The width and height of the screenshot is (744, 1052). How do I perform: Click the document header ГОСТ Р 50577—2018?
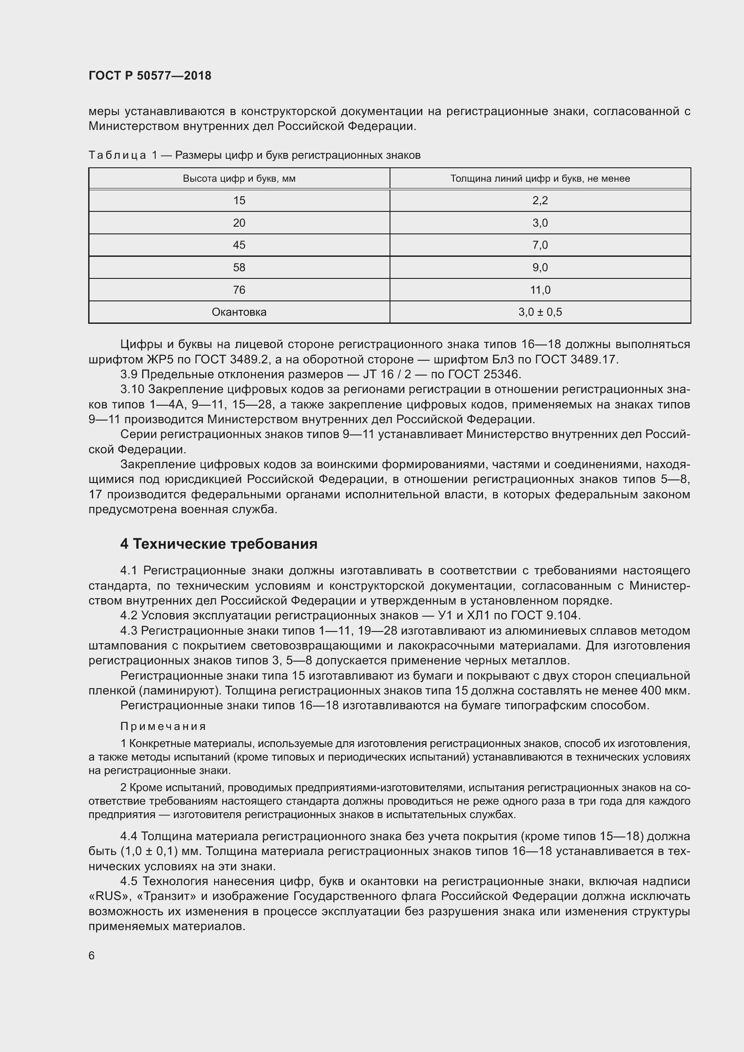tap(150, 76)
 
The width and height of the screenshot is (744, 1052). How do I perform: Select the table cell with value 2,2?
tap(540, 201)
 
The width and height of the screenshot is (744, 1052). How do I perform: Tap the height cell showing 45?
tap(239, 245)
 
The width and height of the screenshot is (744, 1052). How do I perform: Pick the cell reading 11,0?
tap(540, 290)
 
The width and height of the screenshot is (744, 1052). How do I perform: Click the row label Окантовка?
tap(239, 313)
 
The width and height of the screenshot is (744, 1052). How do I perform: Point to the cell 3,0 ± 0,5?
tap(540, 313)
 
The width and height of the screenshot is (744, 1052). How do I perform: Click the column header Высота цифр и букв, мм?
tap(239, 179)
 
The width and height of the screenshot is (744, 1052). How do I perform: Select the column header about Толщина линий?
tap(540, 179)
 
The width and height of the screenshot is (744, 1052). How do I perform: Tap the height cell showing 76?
tap(239, 290)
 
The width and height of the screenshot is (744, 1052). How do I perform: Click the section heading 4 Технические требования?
tap(219, 544)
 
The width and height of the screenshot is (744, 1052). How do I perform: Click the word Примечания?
tap(163, 727)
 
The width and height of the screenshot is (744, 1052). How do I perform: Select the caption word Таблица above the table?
tap(117, 156)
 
